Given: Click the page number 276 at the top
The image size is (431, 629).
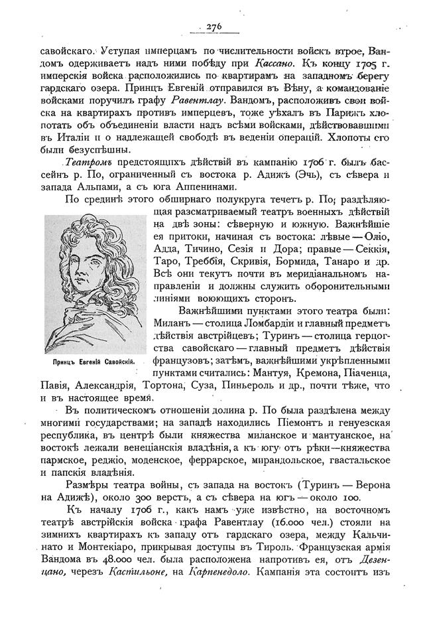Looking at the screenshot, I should coord(214,27).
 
